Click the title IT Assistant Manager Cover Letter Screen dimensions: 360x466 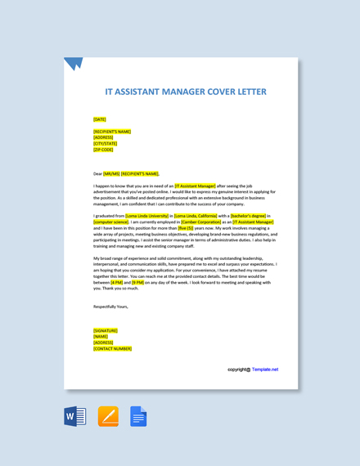click(x=186, y=92)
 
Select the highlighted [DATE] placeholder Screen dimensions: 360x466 click(x=99, y=119)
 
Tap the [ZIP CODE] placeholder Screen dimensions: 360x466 click(x=103, y=150)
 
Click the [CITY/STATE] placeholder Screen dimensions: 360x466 click(x=105, y=143)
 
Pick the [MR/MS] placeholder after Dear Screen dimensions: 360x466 click(x=111, y=173)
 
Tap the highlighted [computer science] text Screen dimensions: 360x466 click(x=110, y=222)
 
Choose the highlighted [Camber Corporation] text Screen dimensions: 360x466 click(x=200, y=222)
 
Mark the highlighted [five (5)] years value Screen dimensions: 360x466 click(x=186, y=228)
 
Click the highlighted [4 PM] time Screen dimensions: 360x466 click(x=116, y=282)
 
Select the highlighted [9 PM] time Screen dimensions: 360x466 click(x=137, y=282)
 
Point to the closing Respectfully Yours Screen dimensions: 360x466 click(x=110, y=307)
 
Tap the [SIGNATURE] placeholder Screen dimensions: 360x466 click(x=106, y=330)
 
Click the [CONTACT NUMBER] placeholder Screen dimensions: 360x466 click(x=112, y=348)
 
